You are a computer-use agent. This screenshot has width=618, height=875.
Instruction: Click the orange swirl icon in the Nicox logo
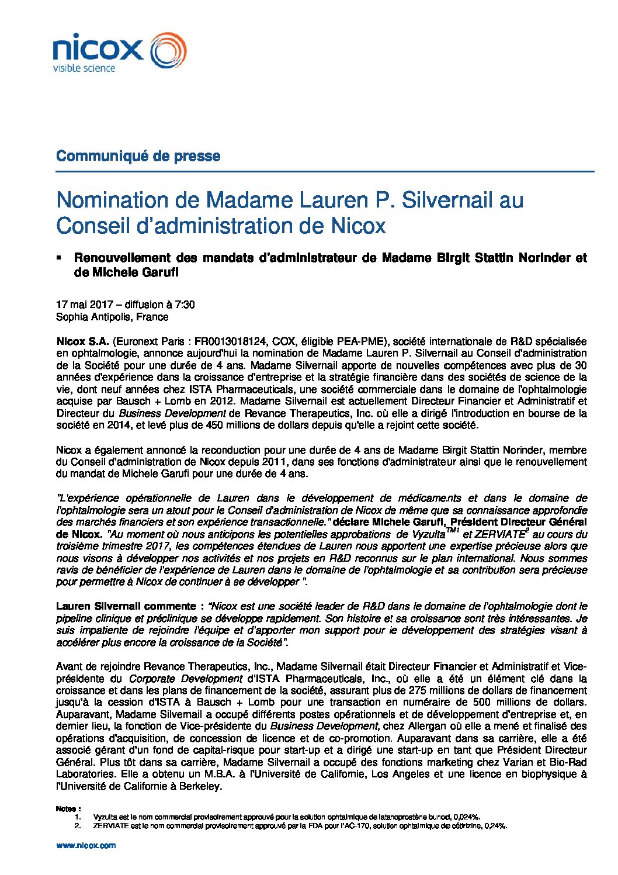click(x=169, y=50)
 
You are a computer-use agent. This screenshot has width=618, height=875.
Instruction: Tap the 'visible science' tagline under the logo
click(x=84, y=68)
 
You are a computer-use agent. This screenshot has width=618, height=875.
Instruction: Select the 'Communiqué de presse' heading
click(x=138, y=156)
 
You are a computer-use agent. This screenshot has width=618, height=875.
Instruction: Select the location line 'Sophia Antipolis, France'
click(x=112, y=317)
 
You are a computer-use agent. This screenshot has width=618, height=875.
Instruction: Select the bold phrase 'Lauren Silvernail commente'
click(x=126, y=606)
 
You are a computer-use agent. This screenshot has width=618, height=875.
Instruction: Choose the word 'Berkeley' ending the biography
click(x=202, y=786)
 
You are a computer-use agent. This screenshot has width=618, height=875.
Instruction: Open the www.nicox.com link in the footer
click(x=86, y=845)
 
